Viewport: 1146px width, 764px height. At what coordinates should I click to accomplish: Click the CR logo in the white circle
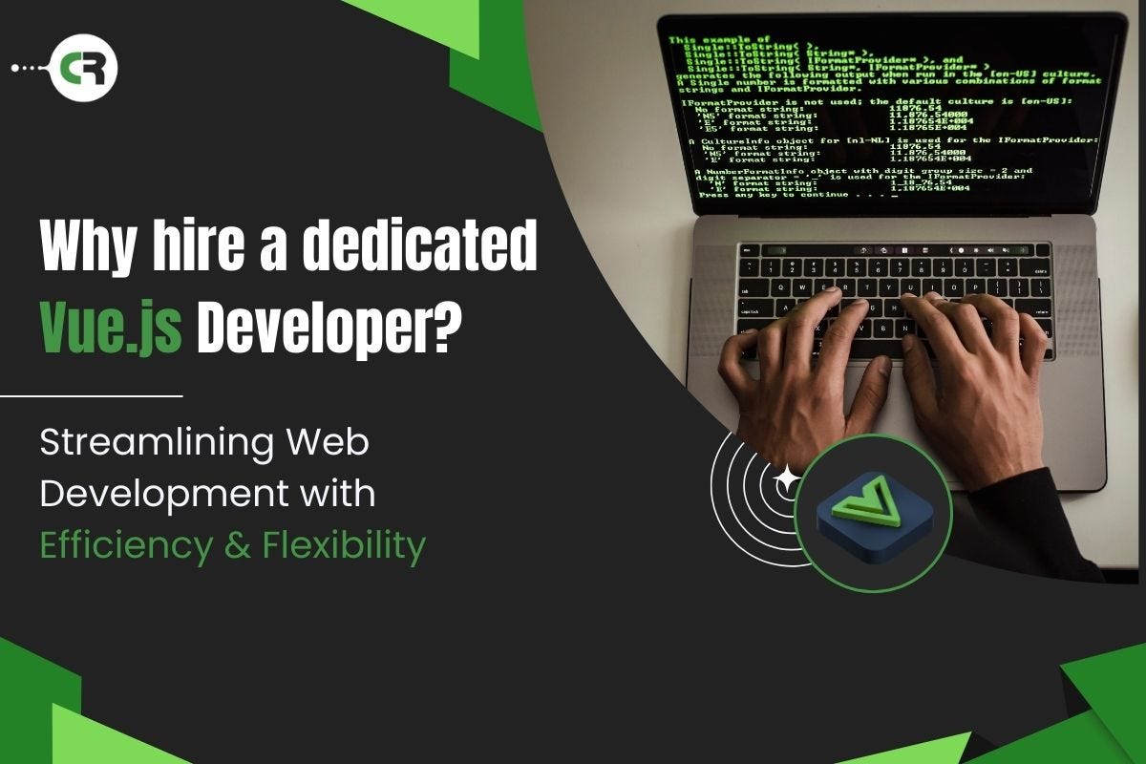[x=83, y=68]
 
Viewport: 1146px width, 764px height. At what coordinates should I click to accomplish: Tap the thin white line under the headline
[x=91, y=394]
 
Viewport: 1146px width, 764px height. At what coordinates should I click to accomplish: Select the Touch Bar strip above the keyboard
[x=893, y=250]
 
